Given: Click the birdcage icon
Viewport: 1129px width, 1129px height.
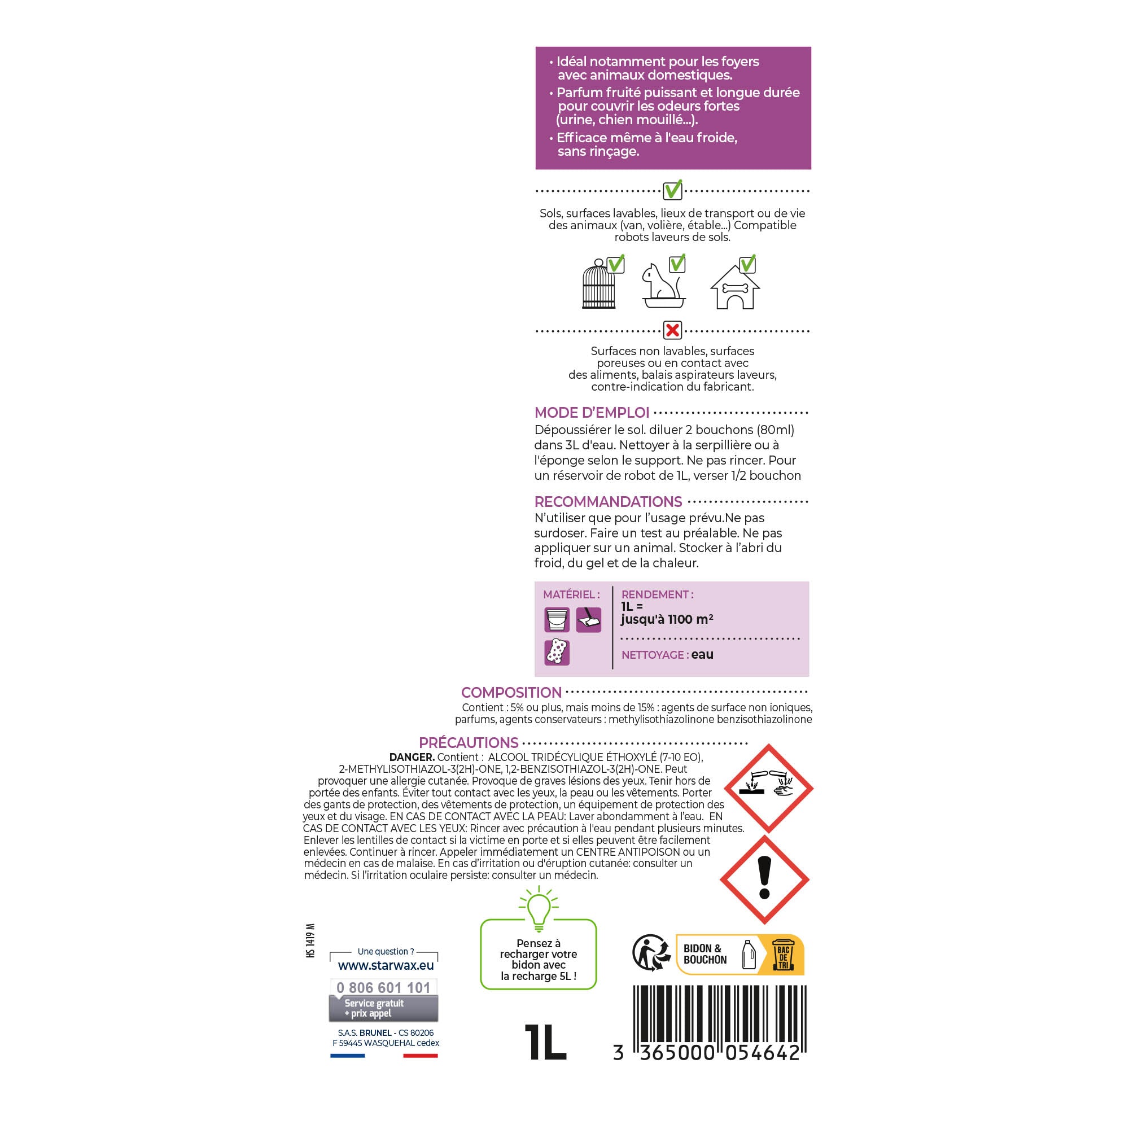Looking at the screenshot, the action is coord(599,284).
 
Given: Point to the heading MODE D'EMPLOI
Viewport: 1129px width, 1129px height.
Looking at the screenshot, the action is coord(592,413).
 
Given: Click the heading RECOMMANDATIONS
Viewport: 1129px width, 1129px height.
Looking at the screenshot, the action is coord(608,501).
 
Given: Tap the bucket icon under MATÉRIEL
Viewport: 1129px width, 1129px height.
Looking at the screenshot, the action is coord(557,619).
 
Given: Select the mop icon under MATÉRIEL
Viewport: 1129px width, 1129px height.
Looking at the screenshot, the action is coord(588,619).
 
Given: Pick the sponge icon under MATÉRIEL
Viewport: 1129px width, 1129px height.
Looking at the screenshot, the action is coord(557,652).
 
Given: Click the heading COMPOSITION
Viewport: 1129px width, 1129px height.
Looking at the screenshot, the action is coord(511,693).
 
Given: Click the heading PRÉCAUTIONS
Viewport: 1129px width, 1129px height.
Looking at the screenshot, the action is coord(469,743).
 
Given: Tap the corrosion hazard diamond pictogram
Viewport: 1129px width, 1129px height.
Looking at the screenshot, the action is coord(768,788).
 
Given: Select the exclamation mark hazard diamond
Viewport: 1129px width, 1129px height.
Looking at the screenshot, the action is coord(764,879).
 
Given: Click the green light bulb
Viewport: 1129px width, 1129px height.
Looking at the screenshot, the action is coord(539,909).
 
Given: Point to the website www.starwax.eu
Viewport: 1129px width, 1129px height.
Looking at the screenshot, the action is coord(386,966).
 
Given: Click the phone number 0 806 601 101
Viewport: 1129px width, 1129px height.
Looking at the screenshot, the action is coord(383,987).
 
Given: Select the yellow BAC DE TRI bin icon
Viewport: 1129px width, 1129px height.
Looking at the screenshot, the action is coord(783,955).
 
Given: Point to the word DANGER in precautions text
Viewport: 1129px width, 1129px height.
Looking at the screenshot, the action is coord(412,758).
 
